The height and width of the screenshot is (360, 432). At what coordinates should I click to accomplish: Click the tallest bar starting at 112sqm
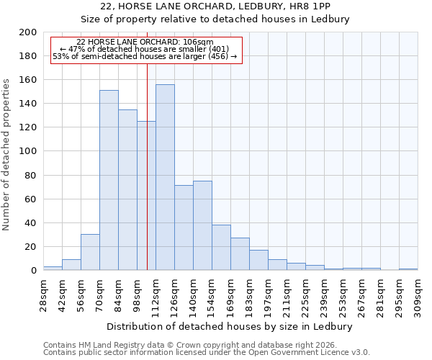[165, 177]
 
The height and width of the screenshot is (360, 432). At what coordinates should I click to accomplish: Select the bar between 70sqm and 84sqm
[109, 180]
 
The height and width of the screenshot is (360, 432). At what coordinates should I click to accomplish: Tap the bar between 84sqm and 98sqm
[127, 189]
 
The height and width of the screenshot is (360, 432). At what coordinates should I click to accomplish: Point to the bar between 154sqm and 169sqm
[221, 247]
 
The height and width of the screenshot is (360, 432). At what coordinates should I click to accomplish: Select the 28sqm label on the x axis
[48, 294]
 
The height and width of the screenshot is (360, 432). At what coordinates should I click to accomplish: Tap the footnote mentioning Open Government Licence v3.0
[207, 352]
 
